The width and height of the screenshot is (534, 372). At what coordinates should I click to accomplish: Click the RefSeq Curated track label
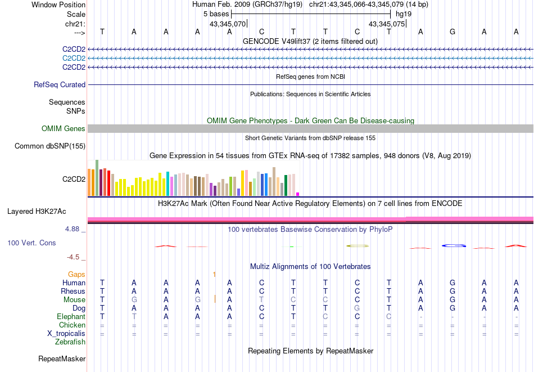[60, 85]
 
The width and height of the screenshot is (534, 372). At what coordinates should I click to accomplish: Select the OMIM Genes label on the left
[64, 129]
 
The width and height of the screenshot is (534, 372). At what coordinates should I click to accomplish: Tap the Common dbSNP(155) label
[50, 146]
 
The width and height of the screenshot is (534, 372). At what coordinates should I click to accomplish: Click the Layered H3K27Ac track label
[37, 212]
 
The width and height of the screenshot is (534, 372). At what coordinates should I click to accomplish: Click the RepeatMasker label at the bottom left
[62, 358]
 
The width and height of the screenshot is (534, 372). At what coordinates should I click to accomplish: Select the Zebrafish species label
[70, 342]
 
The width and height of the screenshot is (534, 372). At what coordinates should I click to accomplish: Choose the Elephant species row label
[71, 317]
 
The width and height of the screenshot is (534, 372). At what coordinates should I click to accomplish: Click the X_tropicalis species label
[66, 334]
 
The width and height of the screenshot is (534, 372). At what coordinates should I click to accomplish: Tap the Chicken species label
[73, 325]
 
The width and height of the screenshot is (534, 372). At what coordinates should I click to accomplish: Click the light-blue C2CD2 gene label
[74, 59]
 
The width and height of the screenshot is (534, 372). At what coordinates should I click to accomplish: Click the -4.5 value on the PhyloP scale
[73, 257]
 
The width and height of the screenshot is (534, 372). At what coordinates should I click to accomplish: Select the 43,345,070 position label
[228, 24]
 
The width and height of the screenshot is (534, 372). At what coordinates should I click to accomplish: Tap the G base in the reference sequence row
[452, 32]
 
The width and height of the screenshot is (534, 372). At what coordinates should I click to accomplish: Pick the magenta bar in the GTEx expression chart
[298, 194]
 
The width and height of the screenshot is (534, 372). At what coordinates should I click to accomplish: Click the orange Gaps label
[76, 274]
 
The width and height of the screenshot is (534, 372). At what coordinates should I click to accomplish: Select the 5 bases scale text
[216, 13]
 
